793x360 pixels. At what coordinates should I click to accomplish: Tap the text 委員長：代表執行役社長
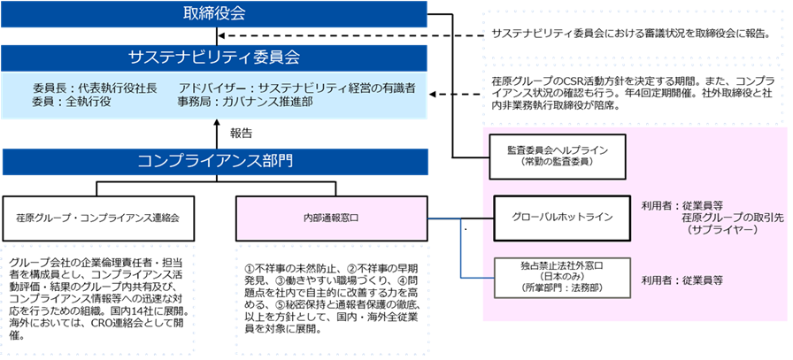pos(95,88)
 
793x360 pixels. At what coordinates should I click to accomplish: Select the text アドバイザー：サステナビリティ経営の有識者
pos(296,88)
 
